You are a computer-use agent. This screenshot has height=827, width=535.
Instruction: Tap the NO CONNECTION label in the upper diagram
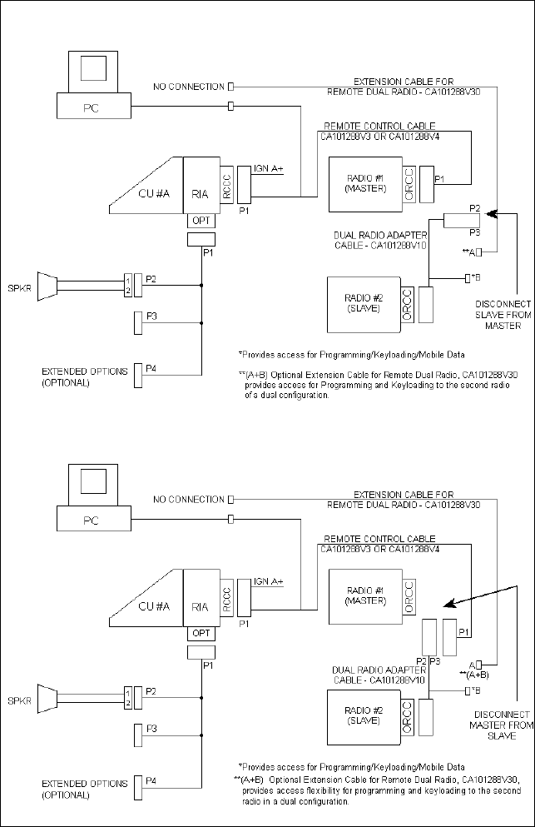click(x=189, y=87)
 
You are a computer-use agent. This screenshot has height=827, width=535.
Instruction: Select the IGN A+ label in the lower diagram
click(x=267, y=580)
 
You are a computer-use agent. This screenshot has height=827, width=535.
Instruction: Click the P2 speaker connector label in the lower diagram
click(x=151, y=691)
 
